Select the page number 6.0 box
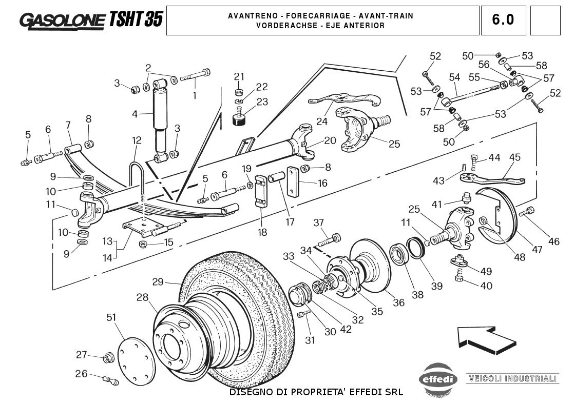[x=503, y=20]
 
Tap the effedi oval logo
[x=437, y=379]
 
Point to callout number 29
[x=158, y=281]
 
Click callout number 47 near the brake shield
[x=537, y=250]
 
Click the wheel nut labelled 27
[x=108, y=358]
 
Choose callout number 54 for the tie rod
[x=454, y=77]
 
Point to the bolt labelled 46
[x=527, y=211]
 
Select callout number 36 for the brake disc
[x=398, y=303]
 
